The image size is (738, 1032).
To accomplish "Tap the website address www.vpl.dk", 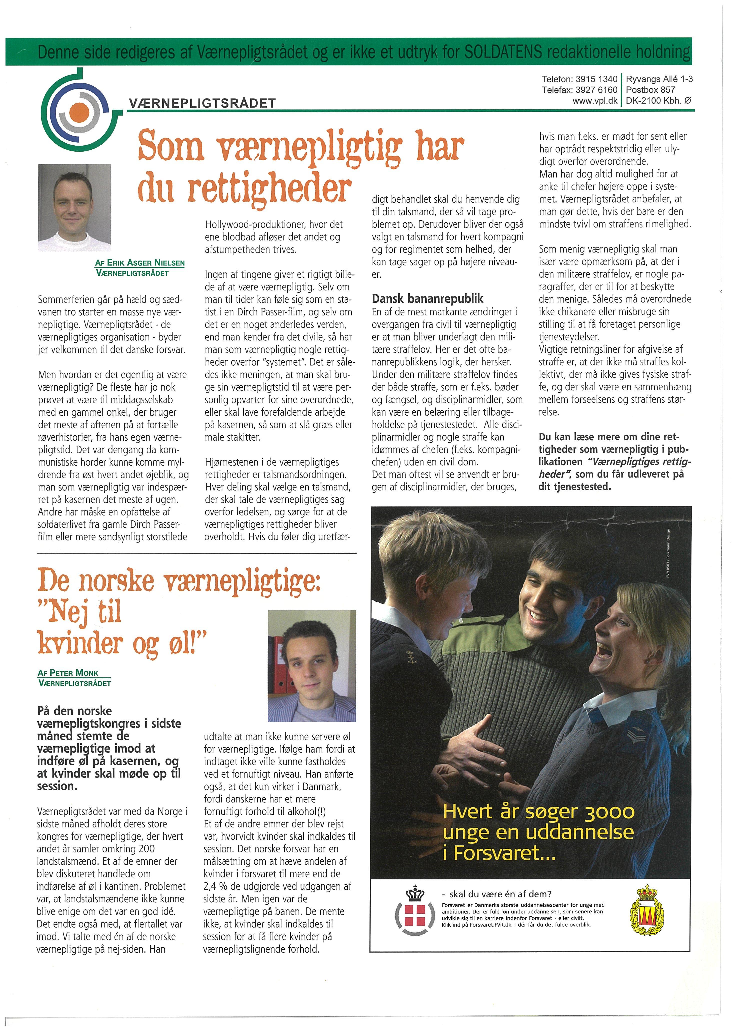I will [x=595, y=101].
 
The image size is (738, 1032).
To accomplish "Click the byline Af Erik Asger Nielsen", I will [x=140, y=263].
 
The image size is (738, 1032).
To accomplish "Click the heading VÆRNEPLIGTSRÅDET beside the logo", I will [x=202, y=103].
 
